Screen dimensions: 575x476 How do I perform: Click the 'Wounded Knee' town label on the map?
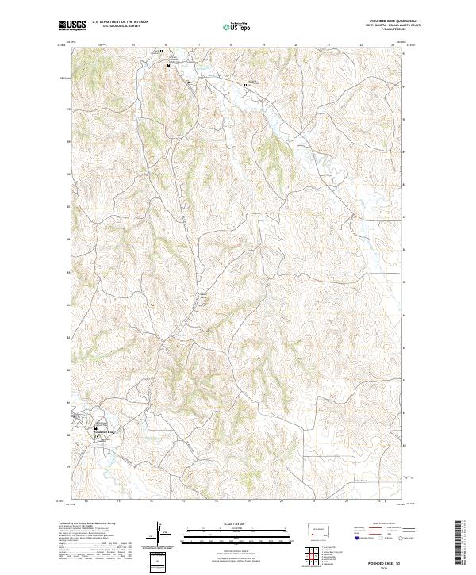(x=104, y=432)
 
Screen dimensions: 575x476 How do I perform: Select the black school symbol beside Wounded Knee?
(x=98, y=428)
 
